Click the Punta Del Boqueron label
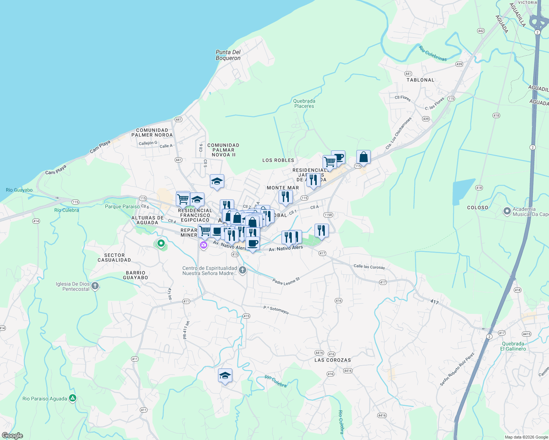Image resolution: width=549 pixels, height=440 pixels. (x=228, y=55)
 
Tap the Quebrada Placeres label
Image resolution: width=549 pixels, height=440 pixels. (x=304, y=103)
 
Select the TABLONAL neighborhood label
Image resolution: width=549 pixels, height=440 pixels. (x=420, y=80)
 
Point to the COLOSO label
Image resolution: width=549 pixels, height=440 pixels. (x=477, y=208)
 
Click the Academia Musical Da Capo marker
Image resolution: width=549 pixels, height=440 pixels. (x=507, y=212)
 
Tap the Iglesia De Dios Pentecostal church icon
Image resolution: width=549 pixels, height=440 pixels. (x=95, y=286)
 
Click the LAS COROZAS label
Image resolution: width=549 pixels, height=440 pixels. (x=332, y=360)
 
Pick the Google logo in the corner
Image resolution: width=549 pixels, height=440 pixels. (x=12, y=436)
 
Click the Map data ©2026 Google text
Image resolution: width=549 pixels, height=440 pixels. (x=526, y=437)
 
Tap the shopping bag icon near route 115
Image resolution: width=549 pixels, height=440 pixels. (x=363, y=157)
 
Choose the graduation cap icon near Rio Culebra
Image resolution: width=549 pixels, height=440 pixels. (x=225, y=376)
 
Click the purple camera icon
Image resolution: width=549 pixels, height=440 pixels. (x=203, y=245)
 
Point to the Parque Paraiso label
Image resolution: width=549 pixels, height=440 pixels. (x=122, y=206)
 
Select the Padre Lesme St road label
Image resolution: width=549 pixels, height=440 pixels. (x=286, y=281)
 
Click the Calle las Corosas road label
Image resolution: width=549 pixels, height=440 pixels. (x=369, y=267)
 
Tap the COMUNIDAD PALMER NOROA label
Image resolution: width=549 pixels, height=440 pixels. (x=152, y=132)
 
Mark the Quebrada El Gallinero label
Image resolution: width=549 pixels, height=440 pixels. (x=513, y=346)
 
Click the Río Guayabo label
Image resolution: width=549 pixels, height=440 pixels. (x=19, y=190)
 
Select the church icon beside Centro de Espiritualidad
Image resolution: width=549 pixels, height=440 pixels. (x=242, y=271)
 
